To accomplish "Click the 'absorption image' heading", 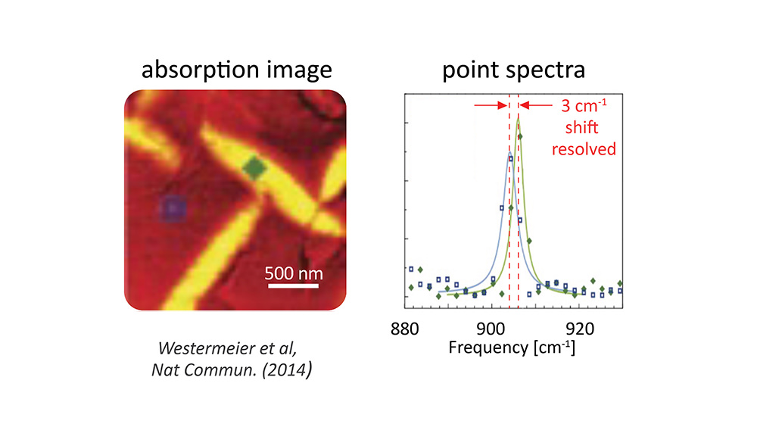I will click(237, 70).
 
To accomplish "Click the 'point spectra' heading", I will click(513, 70).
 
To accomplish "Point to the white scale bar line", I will click(294, 286).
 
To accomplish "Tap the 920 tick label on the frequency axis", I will click(580, 329).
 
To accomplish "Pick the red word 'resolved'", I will click(583, 148).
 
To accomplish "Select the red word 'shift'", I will click(583, 127).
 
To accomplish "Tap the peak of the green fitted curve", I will click(519, 117).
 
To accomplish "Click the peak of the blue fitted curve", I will click(509, 154).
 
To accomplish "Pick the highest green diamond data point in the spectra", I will click(520, 136).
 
